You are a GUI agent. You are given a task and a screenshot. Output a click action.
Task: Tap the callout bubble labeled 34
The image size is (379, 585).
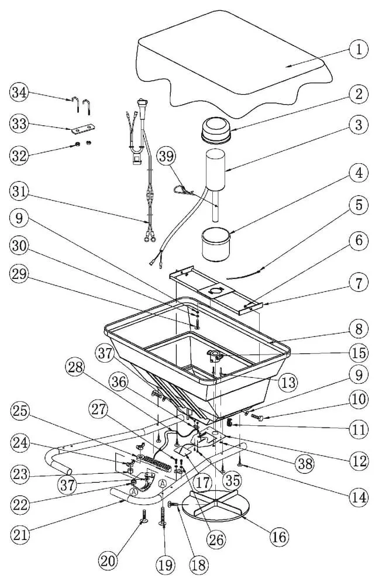[19, 92]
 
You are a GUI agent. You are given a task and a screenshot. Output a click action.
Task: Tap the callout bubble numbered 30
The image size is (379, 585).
[19, 246]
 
